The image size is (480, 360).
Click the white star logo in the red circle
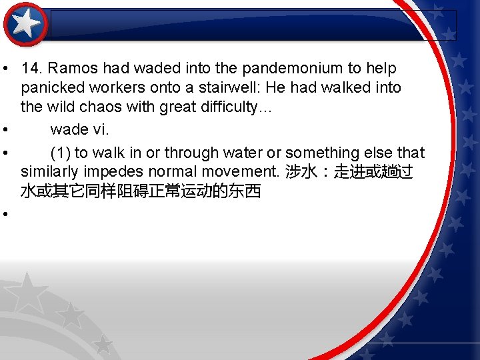click(x=26, y=25)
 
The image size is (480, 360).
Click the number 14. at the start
click(x=32, y=69)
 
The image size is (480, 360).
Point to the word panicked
click(x=51, y=88)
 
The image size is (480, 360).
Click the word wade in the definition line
click(x=68, y=129)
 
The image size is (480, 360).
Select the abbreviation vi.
click(x=100, y=129)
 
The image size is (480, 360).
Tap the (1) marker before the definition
click(x=61, y=153)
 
